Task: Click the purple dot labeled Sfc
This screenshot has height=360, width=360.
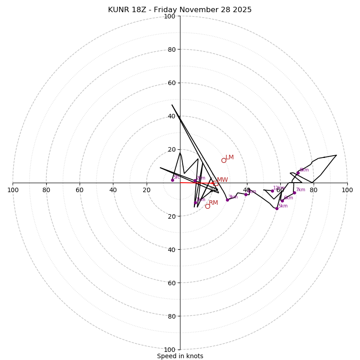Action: click(x=172, y=180)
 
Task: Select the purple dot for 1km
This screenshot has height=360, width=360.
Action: click(x=195, y=202)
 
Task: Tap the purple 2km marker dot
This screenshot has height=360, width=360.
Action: click(x=195, y=181)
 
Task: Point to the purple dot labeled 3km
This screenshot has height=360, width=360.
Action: click(x=227, y=200)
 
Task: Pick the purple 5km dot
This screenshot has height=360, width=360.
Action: click(x=277, y=208)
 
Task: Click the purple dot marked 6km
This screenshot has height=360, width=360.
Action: click(x=282, y=201)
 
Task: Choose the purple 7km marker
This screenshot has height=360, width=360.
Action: click(x=294, y=193)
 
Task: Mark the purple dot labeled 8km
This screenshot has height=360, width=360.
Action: click(x=298, y=173)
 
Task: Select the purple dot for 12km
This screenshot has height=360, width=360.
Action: click(x=272, y=191)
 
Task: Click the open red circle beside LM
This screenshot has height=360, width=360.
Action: click(x=224, y=160)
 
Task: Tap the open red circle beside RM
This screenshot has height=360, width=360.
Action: click(x=207, y=206)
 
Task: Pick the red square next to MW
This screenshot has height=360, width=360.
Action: click(x=216, y=183)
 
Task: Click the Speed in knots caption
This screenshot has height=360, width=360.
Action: click(x=180, y=356)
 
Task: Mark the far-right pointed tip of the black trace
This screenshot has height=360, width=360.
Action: click(x=336, y=155)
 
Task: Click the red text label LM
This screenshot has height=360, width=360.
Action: click(x=229, y=157)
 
